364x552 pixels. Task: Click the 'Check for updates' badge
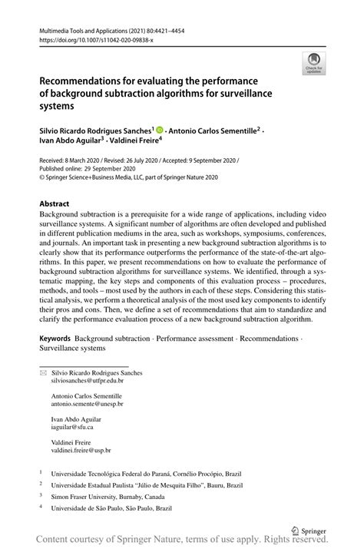[x=313, y=64]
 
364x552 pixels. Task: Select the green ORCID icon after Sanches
[x=160, y=131]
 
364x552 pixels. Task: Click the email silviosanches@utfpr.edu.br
[x=87, y=379]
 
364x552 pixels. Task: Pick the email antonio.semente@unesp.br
[x=87, y=403]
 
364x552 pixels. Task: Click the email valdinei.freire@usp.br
[x=81, y=451]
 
